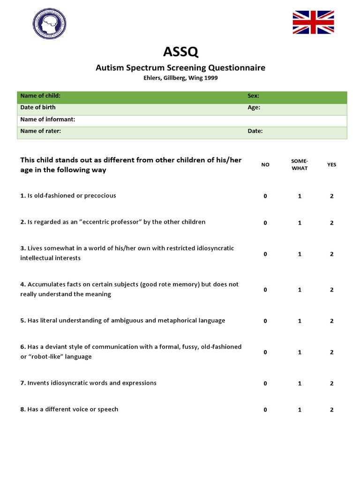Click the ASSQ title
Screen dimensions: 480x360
pyautogui.click(x=180, y=50)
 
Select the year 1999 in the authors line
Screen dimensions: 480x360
pyautogui.click(x=210, y=78)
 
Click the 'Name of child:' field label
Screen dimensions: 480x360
pyautogui.click(x=40, y=96)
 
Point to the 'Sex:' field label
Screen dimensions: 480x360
pyautogui.click(x=253, y=96)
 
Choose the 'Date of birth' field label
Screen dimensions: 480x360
pyautogui.click(x=38, y=107)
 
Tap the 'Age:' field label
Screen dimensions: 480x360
pyautogui.click(x=254, y=107)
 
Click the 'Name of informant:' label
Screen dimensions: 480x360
pyautogui.click(x=48, y=120)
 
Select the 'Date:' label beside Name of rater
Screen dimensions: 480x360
pyautogui.click(x=255, y=131)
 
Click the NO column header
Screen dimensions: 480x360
pyautogui.click(x=265, y=165)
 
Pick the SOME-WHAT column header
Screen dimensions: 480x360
pyautogui.click(x=300, y=165)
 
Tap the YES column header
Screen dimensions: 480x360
pyautogui.click(x=331, y=165)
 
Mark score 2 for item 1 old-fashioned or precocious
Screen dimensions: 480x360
pyautogui.click(x=331, y=196)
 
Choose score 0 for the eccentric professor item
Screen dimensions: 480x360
pyautogui.click(x=265, y=223)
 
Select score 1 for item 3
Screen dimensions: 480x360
pyautogui.click(x=300, y=254)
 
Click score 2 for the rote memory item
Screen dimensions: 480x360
pyautogui.click(x=331, y=290)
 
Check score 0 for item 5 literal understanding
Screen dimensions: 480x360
pyautogui.click(x=265, y=321)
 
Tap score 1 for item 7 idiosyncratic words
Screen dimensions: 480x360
pyautogui.click(x=300, y=383)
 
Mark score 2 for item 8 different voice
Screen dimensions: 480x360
pyautogui.click(x=331, y=410)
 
